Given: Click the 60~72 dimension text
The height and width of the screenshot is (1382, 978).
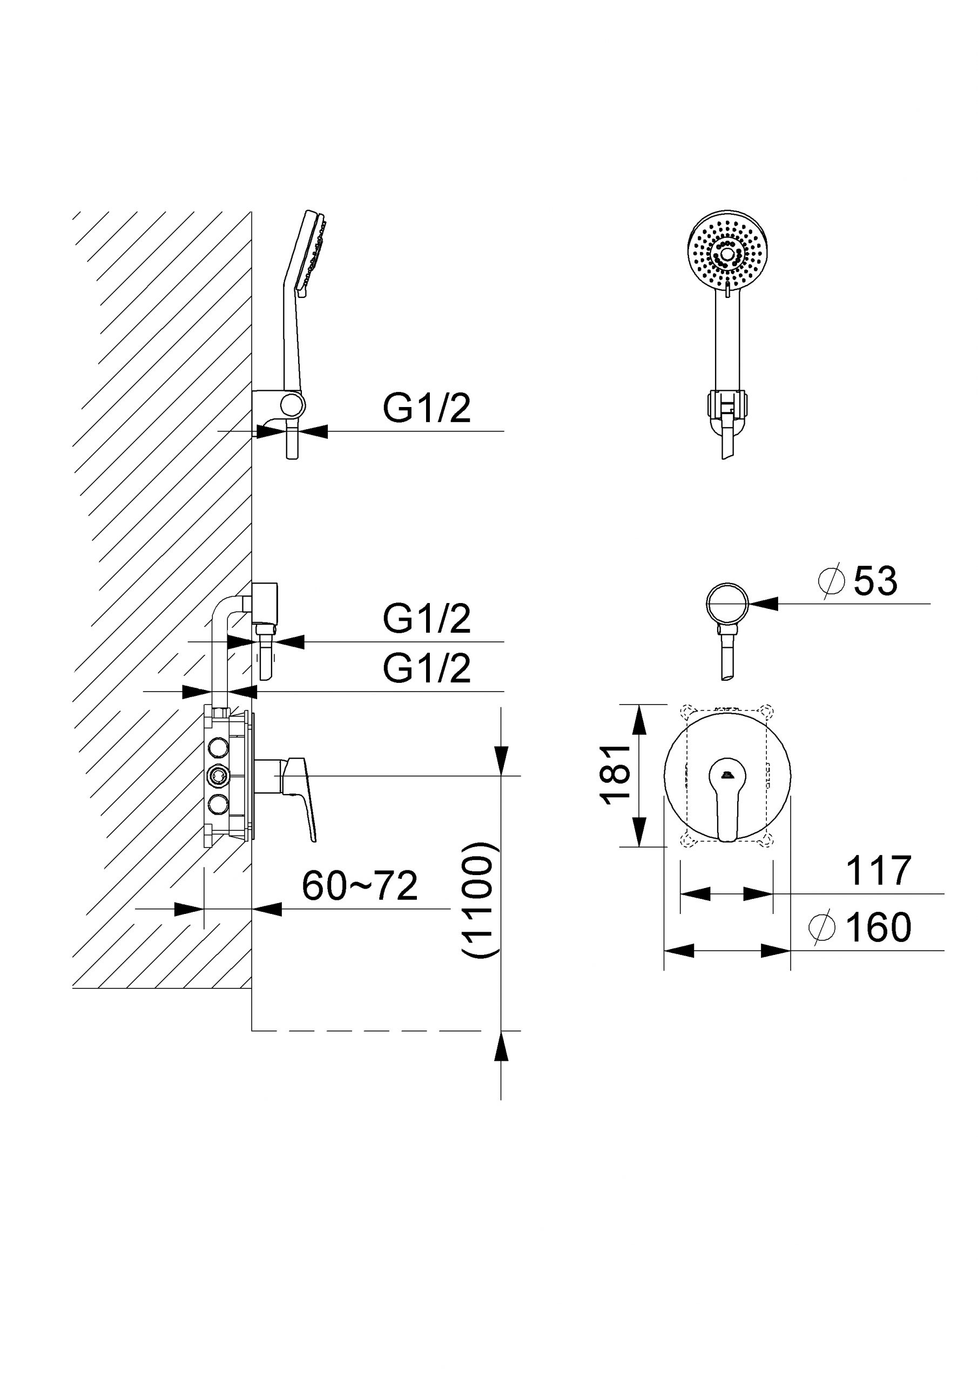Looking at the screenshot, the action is (x=360, y=885).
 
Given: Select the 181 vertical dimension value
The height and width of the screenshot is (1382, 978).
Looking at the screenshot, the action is (x=615, y=775).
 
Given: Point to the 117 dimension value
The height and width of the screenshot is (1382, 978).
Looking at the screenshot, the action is (x=879, y=870).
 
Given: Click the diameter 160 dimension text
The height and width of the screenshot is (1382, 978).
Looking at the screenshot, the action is (x=860, y=927).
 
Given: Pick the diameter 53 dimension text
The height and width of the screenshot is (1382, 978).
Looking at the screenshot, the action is (x=858, y=581).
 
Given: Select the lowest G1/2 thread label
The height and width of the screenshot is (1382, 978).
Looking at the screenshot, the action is (x=427, y=669).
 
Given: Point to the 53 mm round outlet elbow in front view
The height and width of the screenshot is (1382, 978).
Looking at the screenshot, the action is (x=727, y=604).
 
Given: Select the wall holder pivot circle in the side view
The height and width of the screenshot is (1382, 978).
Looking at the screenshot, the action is (x=292, y=404).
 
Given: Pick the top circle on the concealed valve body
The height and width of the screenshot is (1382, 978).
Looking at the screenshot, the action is (x=219, y=749).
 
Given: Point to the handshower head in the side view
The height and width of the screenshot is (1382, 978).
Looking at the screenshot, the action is (x=310, y=253).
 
